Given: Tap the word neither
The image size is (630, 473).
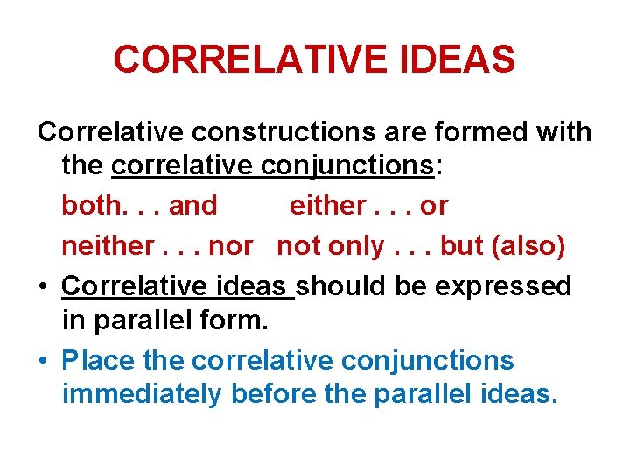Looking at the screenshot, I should tap(103, 245).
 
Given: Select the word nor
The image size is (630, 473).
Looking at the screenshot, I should tap(231, 245).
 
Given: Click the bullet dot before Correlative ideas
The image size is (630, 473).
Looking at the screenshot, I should tap(44, 286).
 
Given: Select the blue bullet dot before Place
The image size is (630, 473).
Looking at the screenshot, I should tap(44, 361).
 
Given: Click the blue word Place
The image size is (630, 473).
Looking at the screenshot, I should tap(96, 360).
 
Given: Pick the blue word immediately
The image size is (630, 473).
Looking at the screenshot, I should tap(142, 394).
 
